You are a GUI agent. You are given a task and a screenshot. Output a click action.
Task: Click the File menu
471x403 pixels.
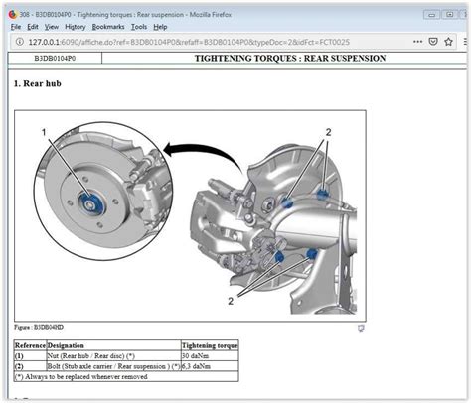(15, 26)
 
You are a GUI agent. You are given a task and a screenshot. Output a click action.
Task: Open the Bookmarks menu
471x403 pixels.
(108, 26)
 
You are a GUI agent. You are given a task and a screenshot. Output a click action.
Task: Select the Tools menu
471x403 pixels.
(138, 26)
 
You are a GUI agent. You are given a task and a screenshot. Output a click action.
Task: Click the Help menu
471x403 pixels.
(160, 26)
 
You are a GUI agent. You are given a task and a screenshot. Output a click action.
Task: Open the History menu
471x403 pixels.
(76, 26)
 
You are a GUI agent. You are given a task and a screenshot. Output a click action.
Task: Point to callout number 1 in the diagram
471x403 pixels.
(45, 133)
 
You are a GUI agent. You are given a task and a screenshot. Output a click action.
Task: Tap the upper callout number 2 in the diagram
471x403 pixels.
(328, 132)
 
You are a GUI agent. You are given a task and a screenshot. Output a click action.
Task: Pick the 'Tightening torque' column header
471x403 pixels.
(210, 345)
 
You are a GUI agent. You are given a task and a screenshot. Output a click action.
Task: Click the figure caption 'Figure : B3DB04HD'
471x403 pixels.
(39, 326)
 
